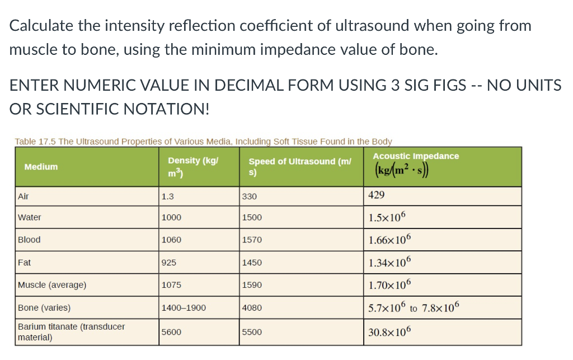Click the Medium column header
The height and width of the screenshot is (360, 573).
tap(41, 167)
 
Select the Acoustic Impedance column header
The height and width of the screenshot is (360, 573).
tap(416, 156)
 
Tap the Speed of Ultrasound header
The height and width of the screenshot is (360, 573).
tap(300, 166)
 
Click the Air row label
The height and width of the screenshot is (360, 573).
tap(24, 196)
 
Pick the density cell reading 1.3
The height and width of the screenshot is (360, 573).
tap(167, 197)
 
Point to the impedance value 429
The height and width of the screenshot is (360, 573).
tap(377, 195)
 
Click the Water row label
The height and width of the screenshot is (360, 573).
tap(30, 217)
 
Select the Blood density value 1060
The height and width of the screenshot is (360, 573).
tap(171, 240)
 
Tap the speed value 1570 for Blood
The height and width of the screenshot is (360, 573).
tap(252, 240)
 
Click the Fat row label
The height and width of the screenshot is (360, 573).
tap(25, 262)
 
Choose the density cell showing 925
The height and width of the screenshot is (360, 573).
tap(169, 263)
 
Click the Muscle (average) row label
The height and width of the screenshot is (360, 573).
tap(52, 285)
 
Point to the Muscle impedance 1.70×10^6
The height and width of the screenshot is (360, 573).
tap(390, 284)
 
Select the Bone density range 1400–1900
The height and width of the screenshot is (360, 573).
tap(183, 308)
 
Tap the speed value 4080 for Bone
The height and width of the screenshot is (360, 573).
tap(252, 308)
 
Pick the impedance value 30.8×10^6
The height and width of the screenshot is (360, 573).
tap(390, 331)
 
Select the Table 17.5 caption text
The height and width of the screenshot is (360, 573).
tap(203, 142)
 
